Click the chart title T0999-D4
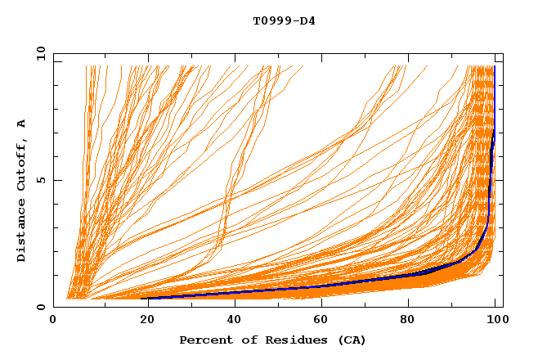coord(284,20)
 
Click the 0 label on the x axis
coord(53,320)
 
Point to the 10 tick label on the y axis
coord(39,54)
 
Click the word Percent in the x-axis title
coord(205,340)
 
